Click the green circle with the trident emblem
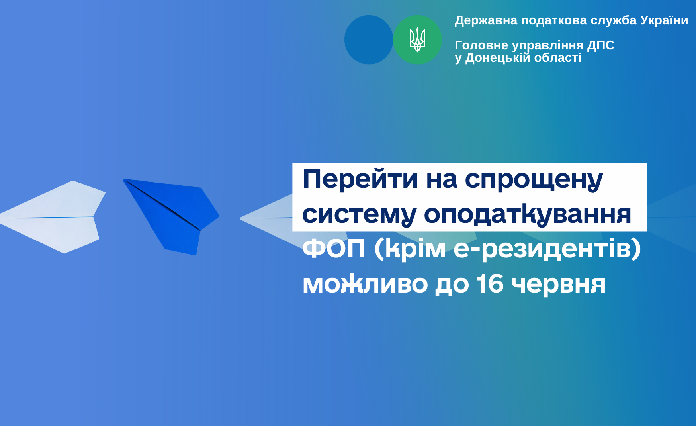(x=417, y=40)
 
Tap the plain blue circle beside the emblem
(x=369, y=40)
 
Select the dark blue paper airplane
(x=171, y=217)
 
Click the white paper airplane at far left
(x=53, y=217)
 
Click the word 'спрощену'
(x=534, y=181)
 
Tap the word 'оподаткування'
(x=528, y=214)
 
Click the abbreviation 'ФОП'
(x=334, y=249)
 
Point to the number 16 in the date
(x=490, y=284)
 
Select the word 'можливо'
(x=365, y=285)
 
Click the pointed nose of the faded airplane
(x=240, y=218)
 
